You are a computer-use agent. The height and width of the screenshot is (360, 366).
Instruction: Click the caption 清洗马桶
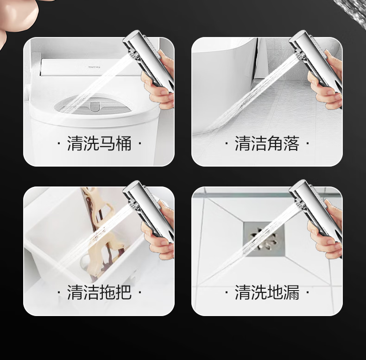coord(99,143)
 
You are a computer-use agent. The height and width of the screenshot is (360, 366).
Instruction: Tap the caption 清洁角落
coord(267,143)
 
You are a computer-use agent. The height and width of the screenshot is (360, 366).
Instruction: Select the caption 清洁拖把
coord(99,292)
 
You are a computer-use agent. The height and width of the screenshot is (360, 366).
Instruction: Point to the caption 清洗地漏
coord(267,292)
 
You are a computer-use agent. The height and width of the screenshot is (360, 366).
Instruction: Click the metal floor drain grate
coord(264,239)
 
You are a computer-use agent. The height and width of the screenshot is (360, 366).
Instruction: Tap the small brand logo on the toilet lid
coord(94,67)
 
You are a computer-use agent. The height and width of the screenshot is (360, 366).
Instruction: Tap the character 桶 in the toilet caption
coord(124,143)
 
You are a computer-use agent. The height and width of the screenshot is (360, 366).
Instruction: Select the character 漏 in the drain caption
coord(291,292)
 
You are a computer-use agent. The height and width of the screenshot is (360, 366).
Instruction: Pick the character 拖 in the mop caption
coord(107,292)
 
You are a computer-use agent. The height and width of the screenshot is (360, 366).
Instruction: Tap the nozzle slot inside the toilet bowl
coord(95,106)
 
